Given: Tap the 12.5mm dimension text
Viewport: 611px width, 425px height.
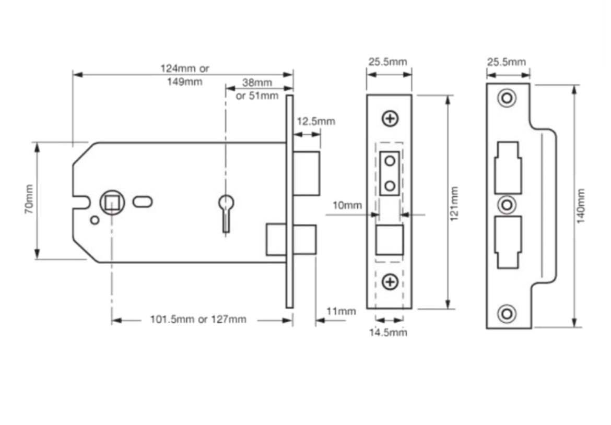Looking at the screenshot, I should pyautogui.click(x=316, y=122).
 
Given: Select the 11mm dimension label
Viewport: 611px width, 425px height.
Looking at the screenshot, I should pyautogui.click(x=341, y=311).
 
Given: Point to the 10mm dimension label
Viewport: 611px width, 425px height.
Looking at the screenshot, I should pyautogui.click(x=347, y=205).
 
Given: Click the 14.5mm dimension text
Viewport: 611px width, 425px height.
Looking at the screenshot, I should pyautogui.click(x=388, y=332).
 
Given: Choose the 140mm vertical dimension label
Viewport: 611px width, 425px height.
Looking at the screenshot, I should pyautogui.click(x=581, y=206).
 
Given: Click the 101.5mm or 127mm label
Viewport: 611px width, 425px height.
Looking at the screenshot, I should pyautogui.click(x=198, y=320).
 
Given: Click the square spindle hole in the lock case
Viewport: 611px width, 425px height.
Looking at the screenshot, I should pyautogui.click(x=111, y=201).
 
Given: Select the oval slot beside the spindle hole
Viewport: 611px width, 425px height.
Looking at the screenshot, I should pyautogui.click(x=142, y=201).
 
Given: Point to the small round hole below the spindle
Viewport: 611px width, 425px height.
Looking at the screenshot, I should pyautogui.click(x=94, y=220).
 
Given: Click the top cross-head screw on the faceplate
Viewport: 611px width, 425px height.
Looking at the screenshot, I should pyautogui.click(x=390, y=119).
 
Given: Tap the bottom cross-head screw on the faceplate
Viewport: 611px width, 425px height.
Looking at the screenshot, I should pyautogui.click(x=390, y=282).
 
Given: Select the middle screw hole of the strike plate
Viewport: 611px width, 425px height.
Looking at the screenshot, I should pyautogui.click(x=506, y=204).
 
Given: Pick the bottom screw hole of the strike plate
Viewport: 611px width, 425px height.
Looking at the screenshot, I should pyautogui.click(x=506, y=313).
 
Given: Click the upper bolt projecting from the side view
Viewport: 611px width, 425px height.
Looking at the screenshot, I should pyautogui.click(x=307, y=173).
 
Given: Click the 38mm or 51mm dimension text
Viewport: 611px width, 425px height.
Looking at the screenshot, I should pyautogui.click(x=257, y=89).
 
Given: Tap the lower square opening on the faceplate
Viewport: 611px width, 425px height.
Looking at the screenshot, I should pyautogui.click(x=390, y=240).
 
